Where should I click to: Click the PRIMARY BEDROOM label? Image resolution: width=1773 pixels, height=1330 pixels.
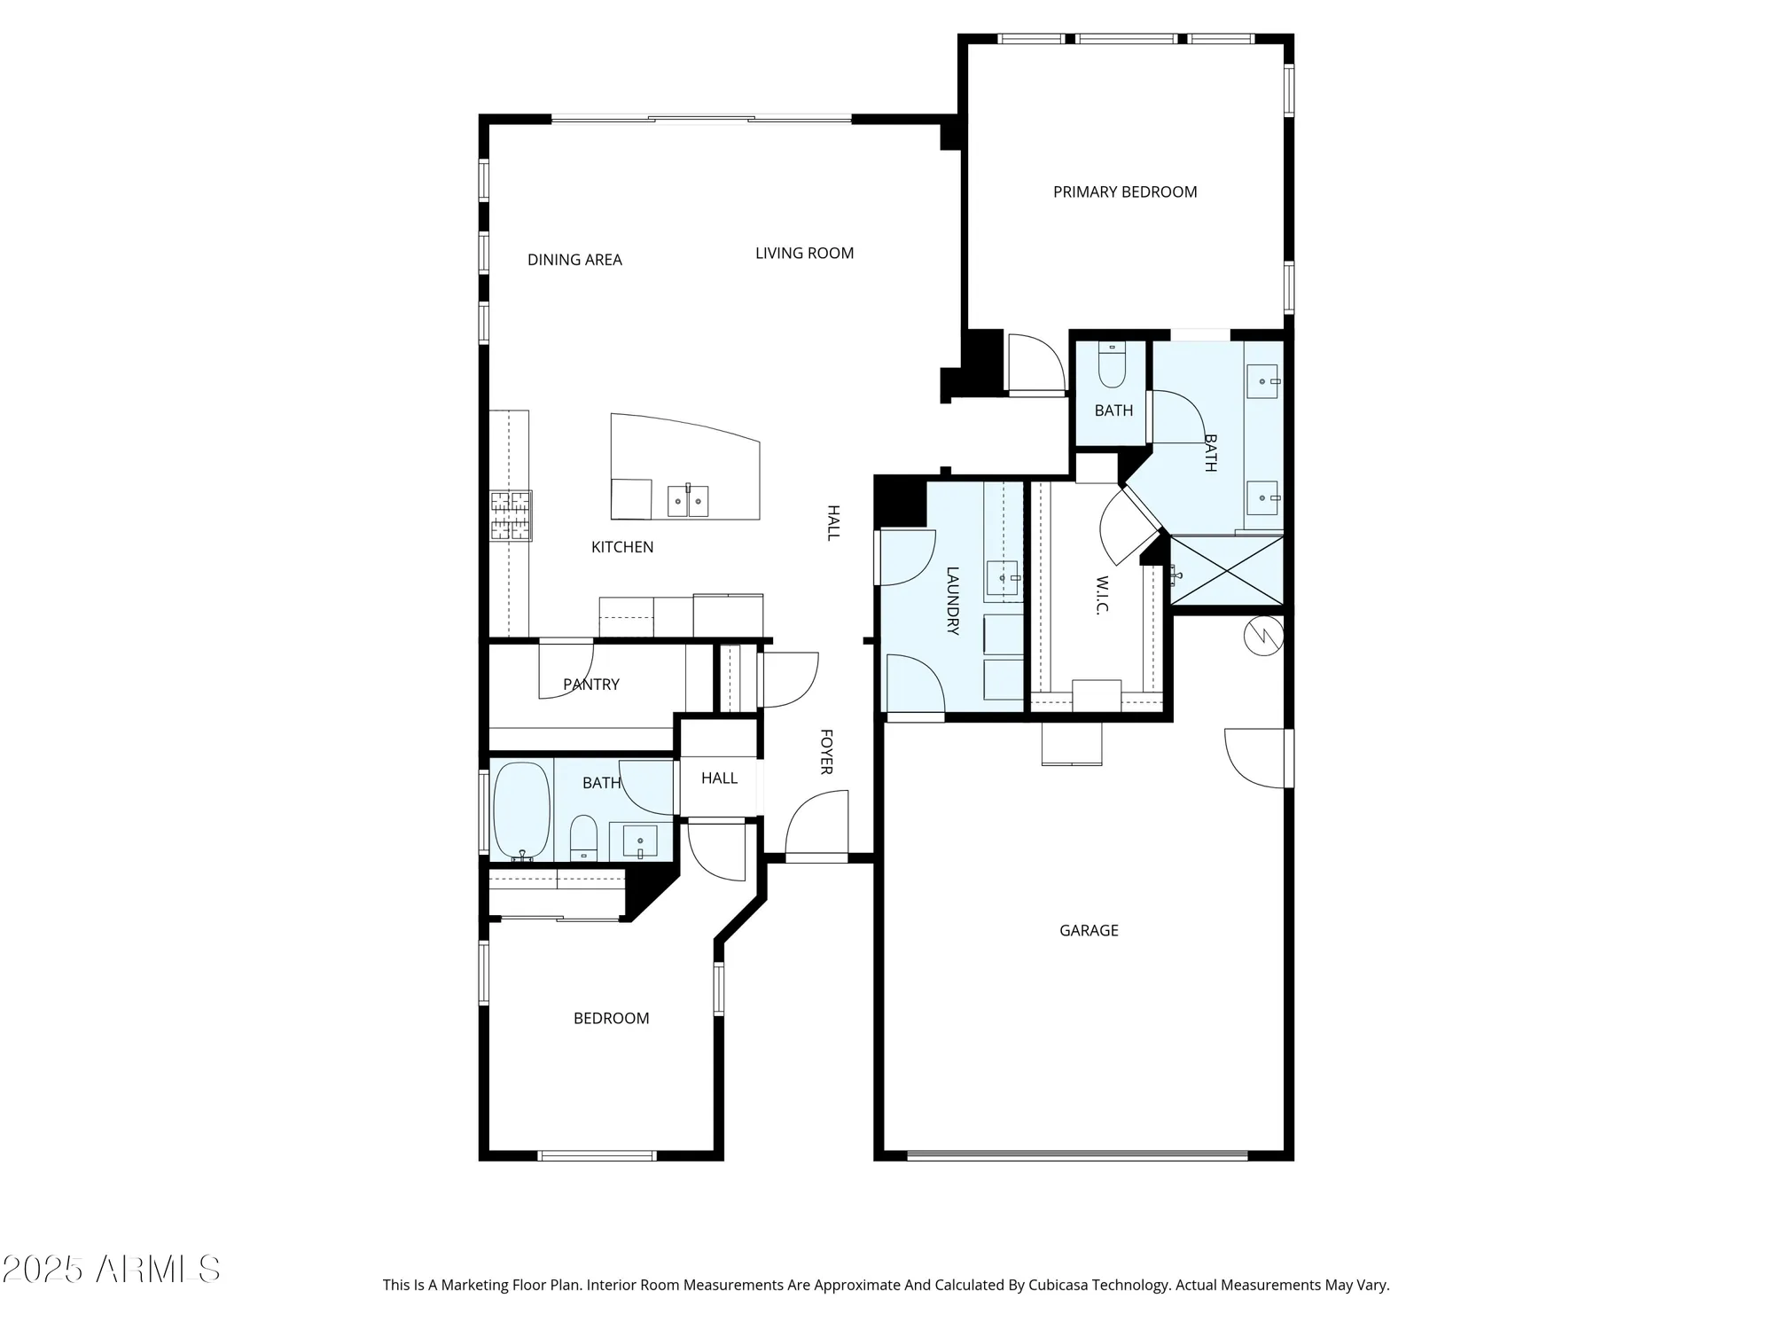tap(1124, 192)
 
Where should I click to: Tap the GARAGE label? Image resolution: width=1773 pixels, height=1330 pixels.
tap(1089, 930)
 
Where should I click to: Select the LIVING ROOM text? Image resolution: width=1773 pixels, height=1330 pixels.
tap(804, 253)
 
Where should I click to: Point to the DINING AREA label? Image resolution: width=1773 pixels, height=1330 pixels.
tap(574, 260)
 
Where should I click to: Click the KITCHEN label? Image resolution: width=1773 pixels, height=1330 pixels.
tap(622, 547)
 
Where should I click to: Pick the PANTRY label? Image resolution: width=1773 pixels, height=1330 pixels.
tap(591, 685)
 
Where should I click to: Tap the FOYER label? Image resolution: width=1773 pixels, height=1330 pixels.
tap(825, 752)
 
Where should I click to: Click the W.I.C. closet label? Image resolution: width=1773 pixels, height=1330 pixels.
tap(1102, 595)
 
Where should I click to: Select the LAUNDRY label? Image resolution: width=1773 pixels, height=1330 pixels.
tap(953, 600)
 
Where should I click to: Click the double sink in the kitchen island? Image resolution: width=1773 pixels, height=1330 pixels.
tap(688, 501)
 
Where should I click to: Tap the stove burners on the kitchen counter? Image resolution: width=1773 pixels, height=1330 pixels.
tap(512, 515)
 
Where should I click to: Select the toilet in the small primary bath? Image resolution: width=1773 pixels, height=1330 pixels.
tap(1112, 365)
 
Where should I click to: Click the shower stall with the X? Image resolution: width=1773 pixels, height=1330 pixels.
tap(1227, 570)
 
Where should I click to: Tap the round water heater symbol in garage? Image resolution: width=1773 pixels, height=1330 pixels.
tap(1263, 636)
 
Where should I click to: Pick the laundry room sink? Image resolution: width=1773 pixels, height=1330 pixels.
tap(1004, 578)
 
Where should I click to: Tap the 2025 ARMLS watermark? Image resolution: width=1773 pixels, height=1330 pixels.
tap(110, 1270)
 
